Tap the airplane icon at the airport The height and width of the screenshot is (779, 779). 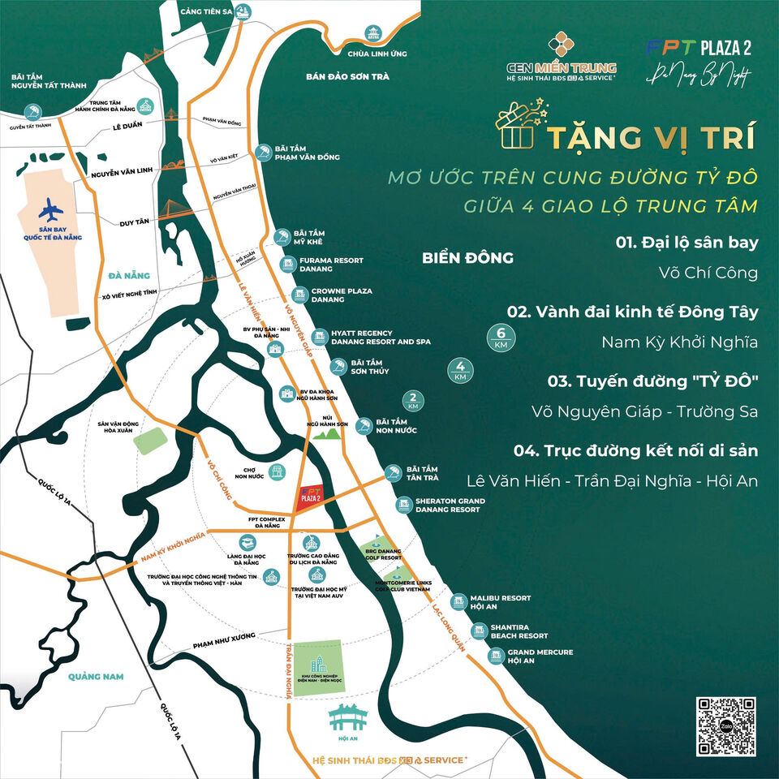(50, 209)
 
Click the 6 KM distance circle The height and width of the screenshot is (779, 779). (501, 336)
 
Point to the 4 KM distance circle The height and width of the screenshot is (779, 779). (461, 371)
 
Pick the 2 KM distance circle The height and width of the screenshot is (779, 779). (413, 400)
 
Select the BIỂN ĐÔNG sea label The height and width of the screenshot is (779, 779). (468, 258)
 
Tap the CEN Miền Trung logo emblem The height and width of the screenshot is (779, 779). (562, 46)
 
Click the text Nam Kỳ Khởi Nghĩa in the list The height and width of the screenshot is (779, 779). (679, 342)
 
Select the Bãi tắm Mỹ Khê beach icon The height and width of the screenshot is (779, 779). (282, 237)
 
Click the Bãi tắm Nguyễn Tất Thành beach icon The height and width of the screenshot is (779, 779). (33, 111)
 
